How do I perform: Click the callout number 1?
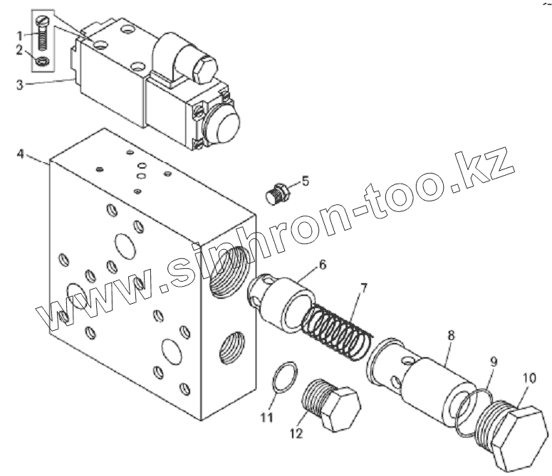click(x=20, y=34)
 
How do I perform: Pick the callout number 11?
click(x=266, y=418)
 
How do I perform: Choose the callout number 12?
click(x=296, y=433)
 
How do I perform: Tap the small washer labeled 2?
click(x=41, y=62)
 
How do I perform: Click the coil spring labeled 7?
click(x=335, y=327)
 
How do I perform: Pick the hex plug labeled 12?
click(x=331, y=406)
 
